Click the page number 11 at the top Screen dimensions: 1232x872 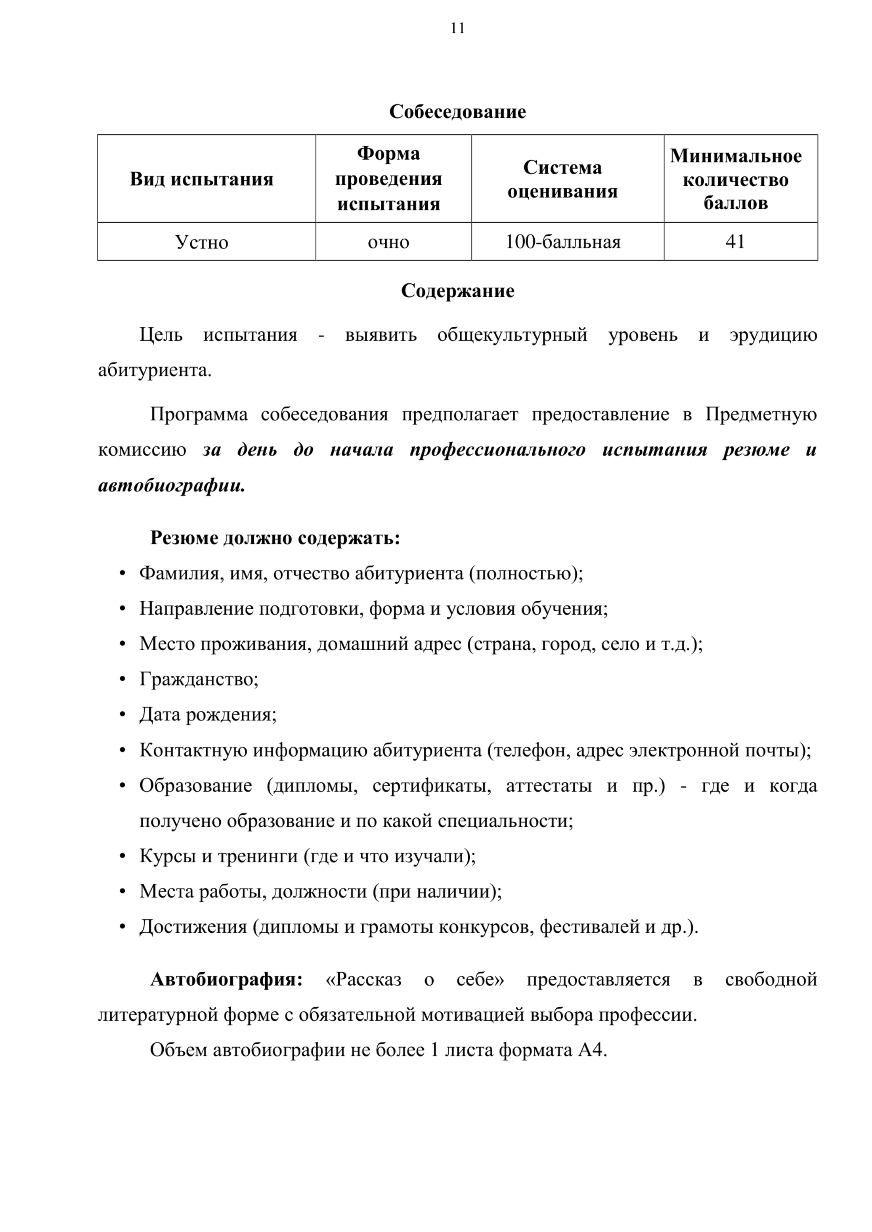(457, 28)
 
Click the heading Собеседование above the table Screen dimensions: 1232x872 (457, 112)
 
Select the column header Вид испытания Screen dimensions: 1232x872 (201, 179)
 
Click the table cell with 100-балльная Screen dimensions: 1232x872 (563, 242)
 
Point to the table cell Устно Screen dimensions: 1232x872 (201, 242)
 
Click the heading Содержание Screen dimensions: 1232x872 (457, 291)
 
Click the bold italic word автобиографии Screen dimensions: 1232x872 (171, 485)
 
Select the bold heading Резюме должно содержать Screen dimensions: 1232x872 (275, 538)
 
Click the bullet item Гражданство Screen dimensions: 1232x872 (199, 679)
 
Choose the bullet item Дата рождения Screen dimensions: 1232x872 (208, 714)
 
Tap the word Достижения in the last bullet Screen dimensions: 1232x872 (193, 926)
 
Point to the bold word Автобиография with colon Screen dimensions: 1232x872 (227, 980)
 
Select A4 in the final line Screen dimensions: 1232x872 (592, 1050)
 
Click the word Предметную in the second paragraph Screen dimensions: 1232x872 (761, 414)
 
